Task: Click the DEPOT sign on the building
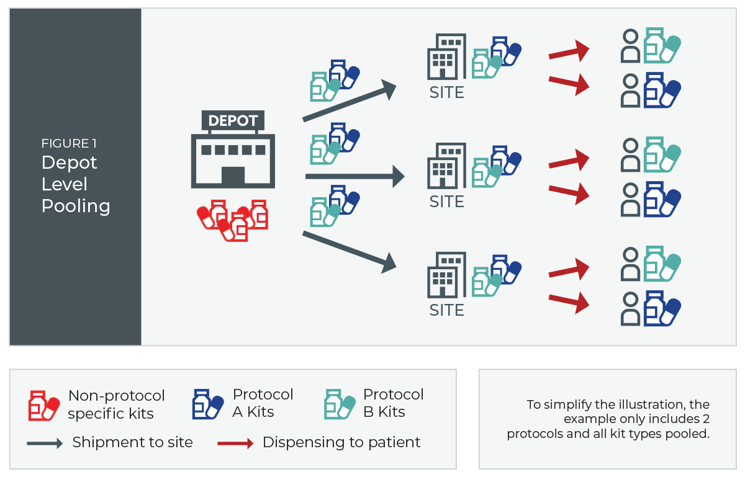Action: (x=233, y=121)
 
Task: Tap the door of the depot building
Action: (x=233, y=176)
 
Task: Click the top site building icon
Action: (x=446, y=56)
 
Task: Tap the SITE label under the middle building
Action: (x=447, y=202)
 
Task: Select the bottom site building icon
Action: (x=446, y=275)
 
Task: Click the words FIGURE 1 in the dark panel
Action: (x=69, y=144)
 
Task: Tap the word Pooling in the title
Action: (x=76, y=206)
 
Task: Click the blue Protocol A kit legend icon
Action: (x=208, y=404)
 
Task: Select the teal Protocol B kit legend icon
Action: (x=340, y=404)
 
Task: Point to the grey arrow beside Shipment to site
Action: (x=45, y=443)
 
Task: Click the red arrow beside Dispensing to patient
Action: (x=235, y=443)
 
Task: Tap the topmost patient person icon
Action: (x=631, y=46)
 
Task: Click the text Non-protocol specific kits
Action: (x=117, y=404)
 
